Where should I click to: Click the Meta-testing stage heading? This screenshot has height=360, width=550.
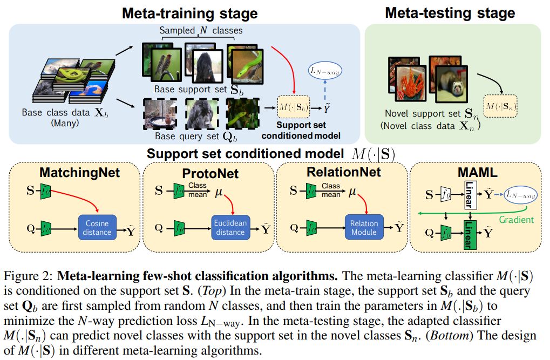(x=450, y=12)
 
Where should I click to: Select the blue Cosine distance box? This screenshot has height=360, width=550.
(x=97, y=227)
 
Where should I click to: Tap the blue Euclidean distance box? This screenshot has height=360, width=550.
(x=230, y=227)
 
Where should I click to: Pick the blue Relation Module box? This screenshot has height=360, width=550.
(x=364, y=227)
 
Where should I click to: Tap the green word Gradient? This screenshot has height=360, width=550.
(x=517, y=220)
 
